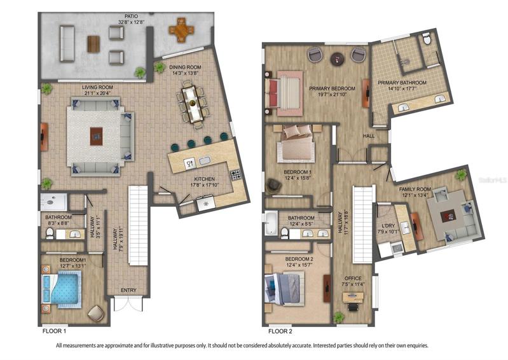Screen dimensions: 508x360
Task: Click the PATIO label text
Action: tap(131, 16)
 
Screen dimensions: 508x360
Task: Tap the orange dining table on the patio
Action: tap(181, 31)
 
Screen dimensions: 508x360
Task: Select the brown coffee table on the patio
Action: tap(93, 44)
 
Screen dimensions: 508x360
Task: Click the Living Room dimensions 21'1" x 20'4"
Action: tap(97, 93)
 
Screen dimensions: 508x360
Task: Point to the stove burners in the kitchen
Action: tap(235, 175)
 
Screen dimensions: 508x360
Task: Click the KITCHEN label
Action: tap(205, 179)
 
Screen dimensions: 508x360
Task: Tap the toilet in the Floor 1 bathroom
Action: tap(50, 233)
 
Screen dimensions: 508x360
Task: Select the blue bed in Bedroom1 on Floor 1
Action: tap(62, 289)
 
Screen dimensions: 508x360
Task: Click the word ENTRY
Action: tap(128, 290)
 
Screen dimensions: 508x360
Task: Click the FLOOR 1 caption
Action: tap(55, 331)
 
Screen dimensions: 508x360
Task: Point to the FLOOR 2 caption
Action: tap(280, 331)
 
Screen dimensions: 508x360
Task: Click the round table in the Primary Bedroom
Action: tap(338, 59)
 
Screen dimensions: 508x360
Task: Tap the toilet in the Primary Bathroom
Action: tap(427, 39)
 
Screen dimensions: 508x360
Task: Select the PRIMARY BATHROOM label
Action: tap(402, 83)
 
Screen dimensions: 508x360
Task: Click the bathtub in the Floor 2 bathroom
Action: tap(271, 223)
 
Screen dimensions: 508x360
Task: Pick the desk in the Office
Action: tap(353, 298)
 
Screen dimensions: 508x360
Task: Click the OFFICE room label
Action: tap(353, 278)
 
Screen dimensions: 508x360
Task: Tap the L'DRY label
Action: tap(386, 226)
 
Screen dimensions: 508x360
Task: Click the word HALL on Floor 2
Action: tap(369, 136)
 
